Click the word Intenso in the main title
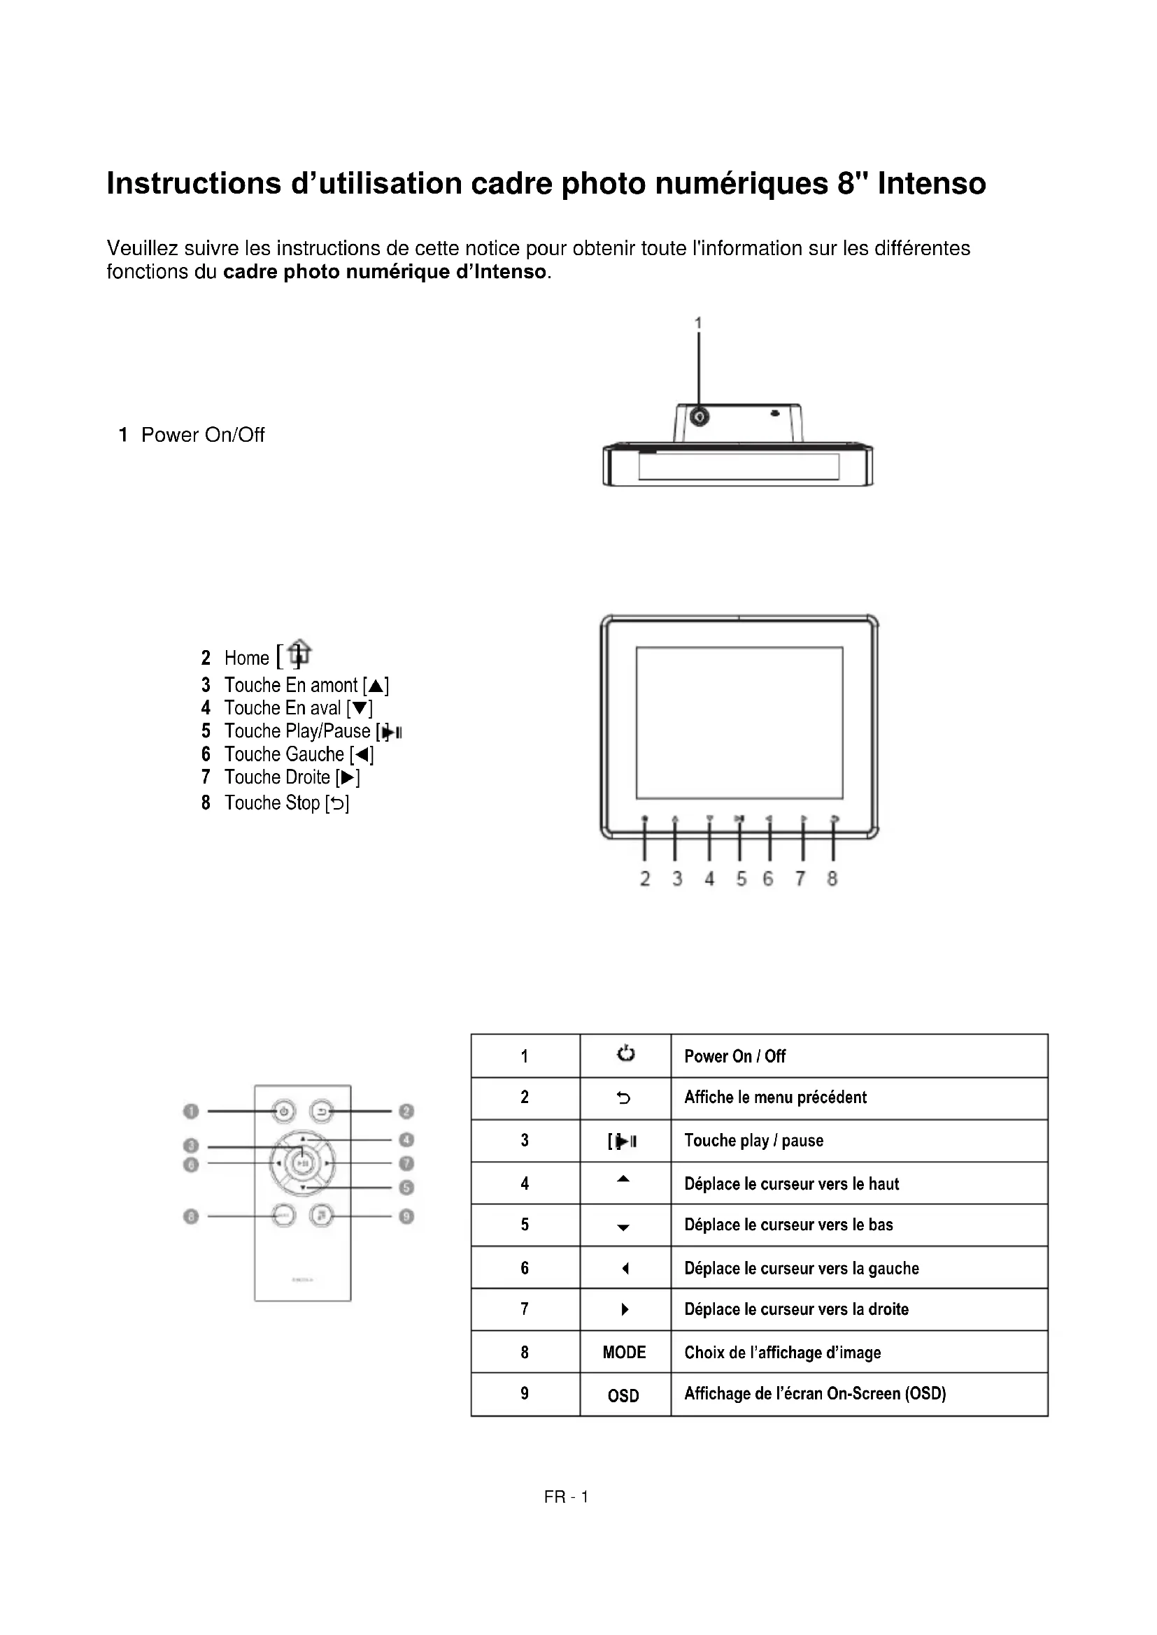[x=931, y=184]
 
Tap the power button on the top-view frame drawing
[x=700, y=415]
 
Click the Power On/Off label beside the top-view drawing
[x=202, y=435]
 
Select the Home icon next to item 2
[x=300, y=653]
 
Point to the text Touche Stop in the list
[x=272, y=803]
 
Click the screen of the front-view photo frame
[x=739, y=722]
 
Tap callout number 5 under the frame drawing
[x=741, y=879]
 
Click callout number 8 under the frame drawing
[x=832, y=879]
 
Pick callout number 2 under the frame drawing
[x=645, y=879]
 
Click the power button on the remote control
[x=283, y=1111]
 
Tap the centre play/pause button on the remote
[x=303, y=1164]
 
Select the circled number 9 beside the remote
[x=407, y=1216]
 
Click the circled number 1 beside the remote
[x=190, y=1111]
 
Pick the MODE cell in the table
[x=624, y=1353]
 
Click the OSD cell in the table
[x=623, y=1396]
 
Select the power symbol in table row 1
[x=625, y=1054]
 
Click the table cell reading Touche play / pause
[x=754, y=1141]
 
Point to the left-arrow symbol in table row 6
[x=625, y=1268]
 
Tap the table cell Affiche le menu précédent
[x=775, y=1097]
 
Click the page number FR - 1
[x=566, y=1497]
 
